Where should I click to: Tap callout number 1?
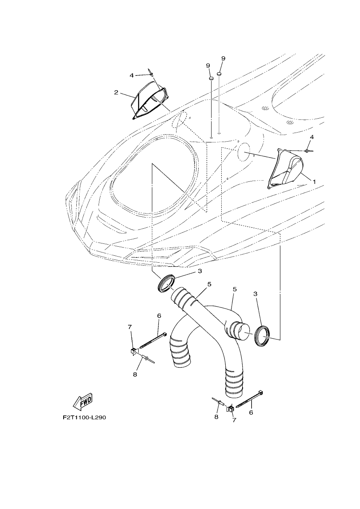[x=314, y=181]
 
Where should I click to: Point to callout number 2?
[x=116, y=92]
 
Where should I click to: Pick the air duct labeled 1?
[x=285, y=169]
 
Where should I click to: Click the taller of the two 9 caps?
[x=219, y=73]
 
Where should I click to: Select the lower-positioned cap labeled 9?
[x=211, y=79]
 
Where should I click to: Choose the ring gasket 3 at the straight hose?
[x=166, y=283]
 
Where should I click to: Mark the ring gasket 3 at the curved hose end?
[x=262, y=336]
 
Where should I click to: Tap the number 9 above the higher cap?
[x=223, y=58]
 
